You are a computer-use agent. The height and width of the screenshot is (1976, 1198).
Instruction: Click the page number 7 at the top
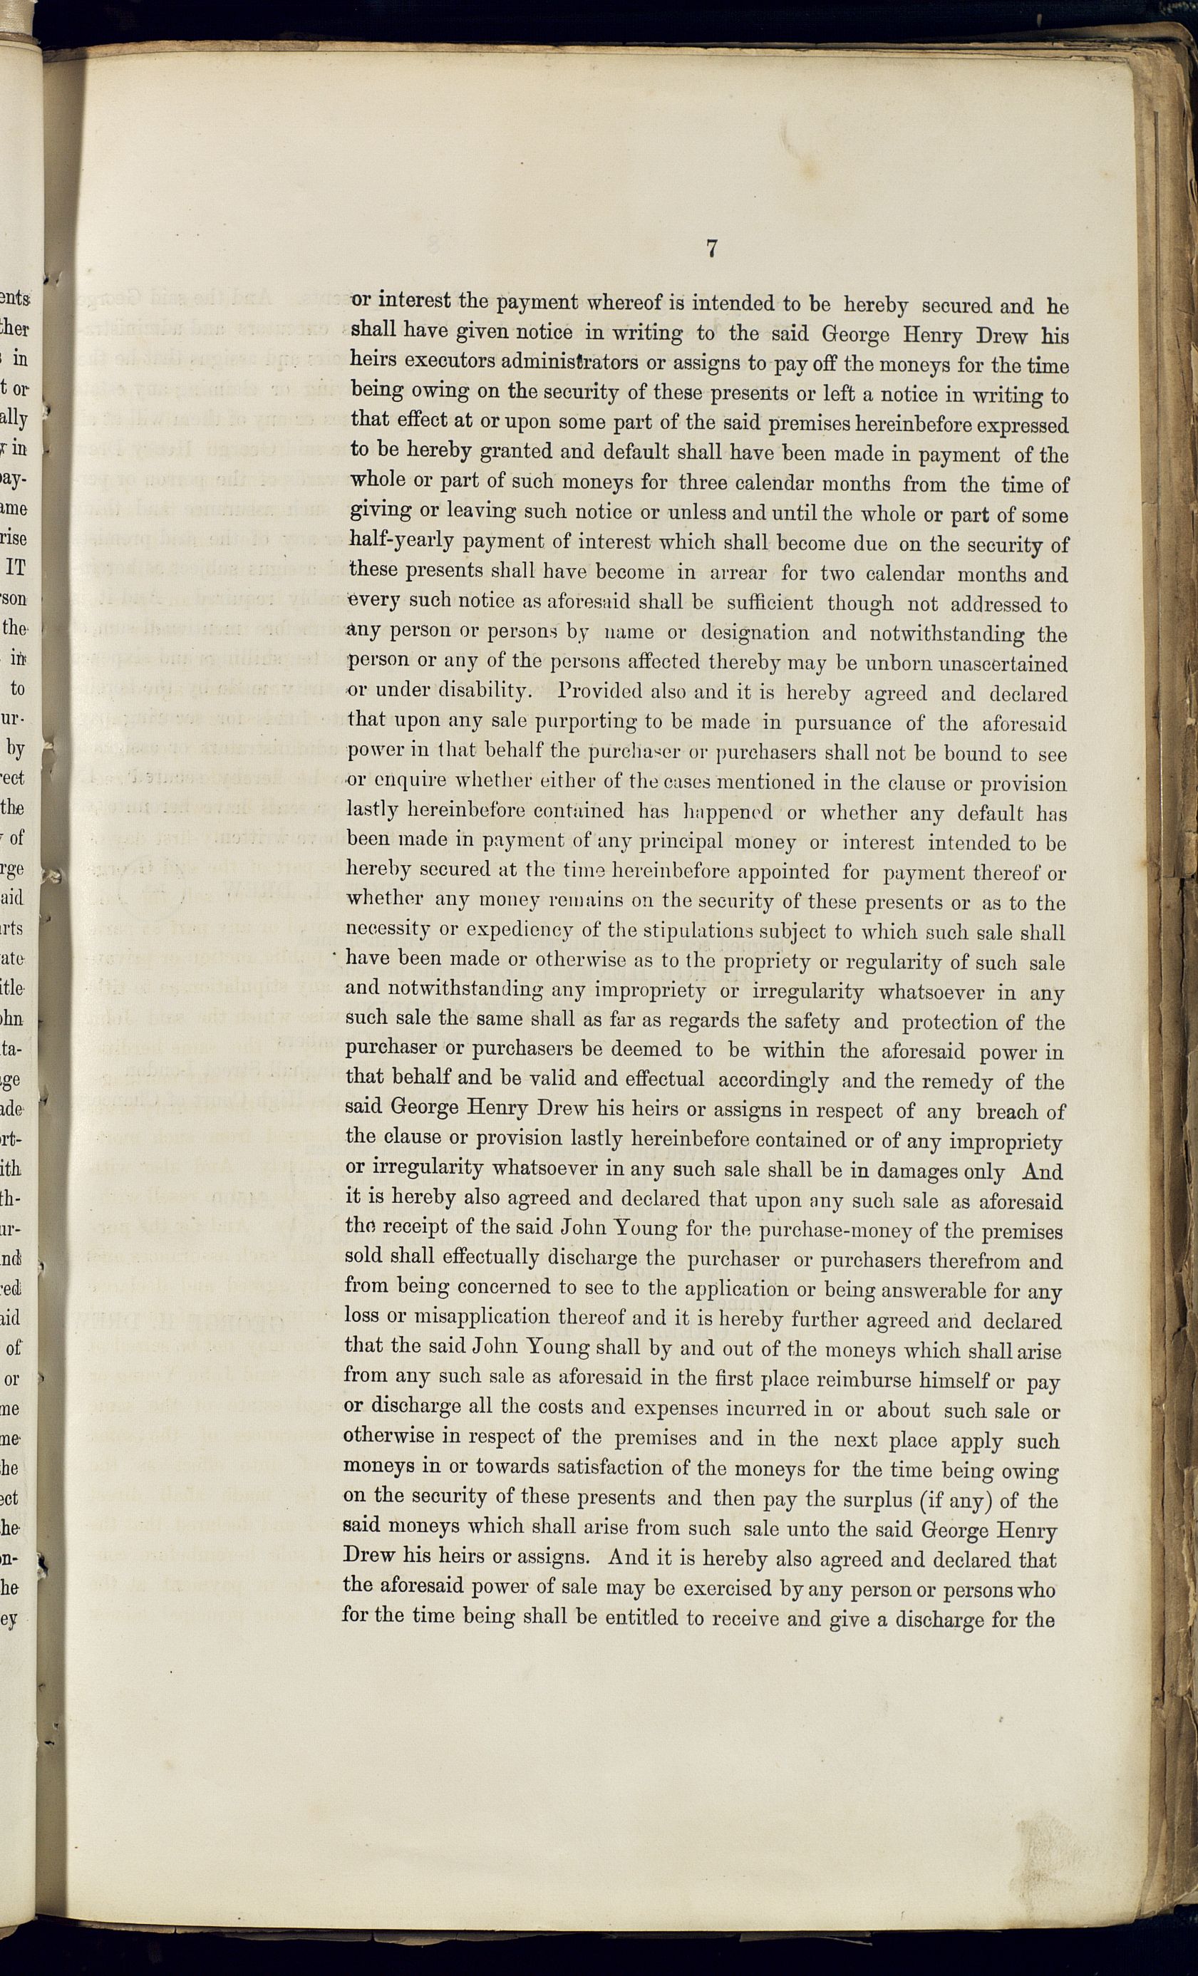(x=711, y=249)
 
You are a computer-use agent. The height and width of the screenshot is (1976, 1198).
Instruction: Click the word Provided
(x=594, y=693)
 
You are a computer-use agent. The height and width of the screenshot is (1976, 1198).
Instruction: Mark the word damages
(x=904, y=1171)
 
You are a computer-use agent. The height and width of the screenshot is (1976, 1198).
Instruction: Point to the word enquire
(x=398, y=782)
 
